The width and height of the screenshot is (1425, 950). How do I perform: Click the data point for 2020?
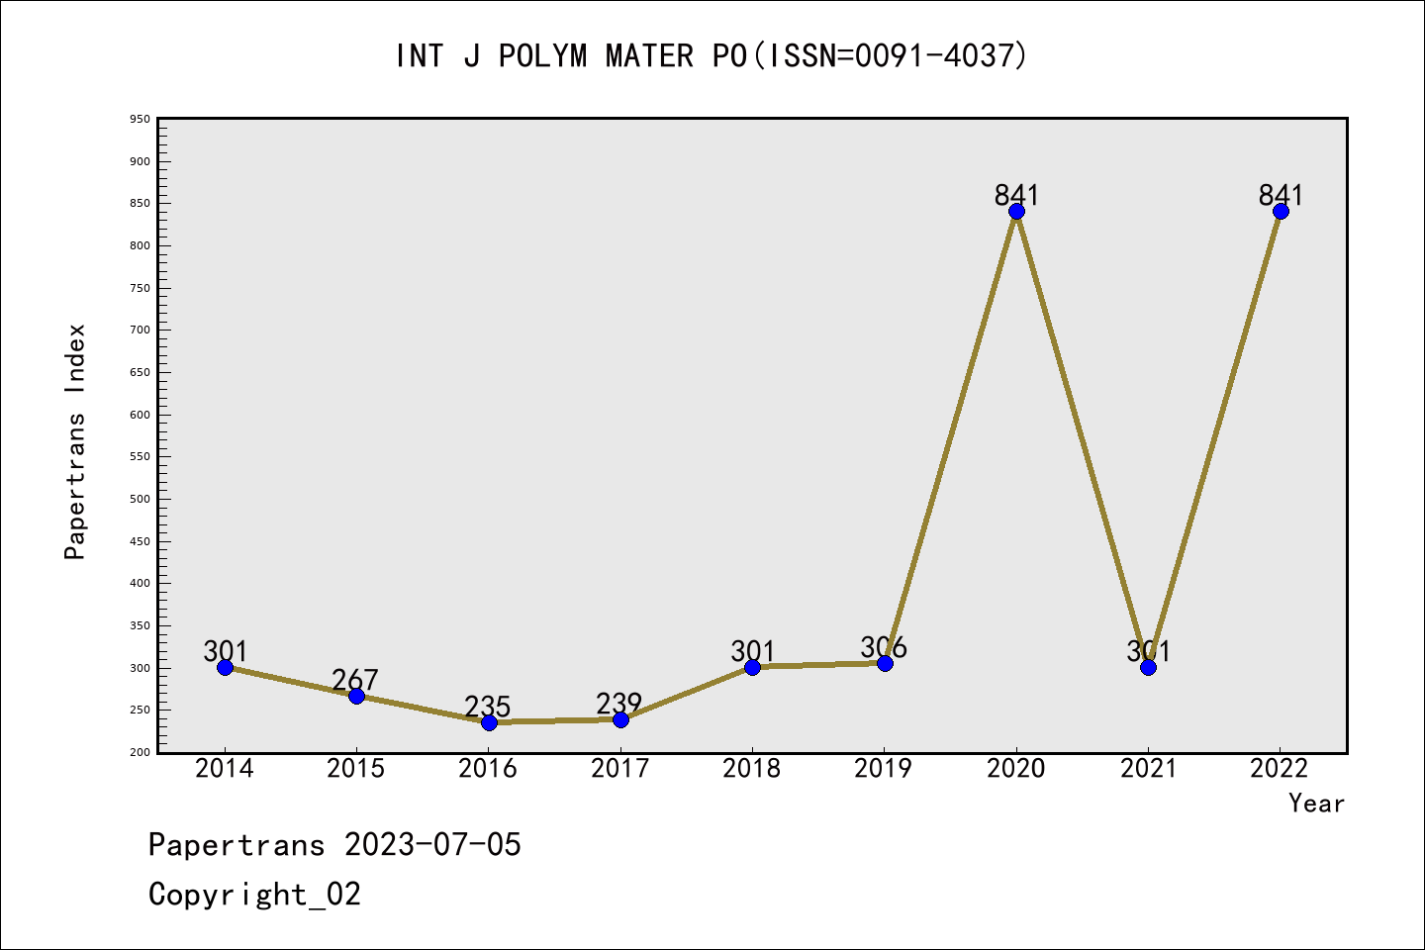(x=1016, y=211)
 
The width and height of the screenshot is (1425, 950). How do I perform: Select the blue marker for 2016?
(x=489, y=722)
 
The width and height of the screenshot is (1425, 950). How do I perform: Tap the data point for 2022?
(x=1281, y=211)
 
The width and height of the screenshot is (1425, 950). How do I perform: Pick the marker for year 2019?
(x=885, y=663)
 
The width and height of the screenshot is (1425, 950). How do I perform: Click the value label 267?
(x=355, y=680)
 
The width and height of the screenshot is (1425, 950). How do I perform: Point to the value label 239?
(x=619, y=704)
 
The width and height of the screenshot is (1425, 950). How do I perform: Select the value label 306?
(x=884, y=647)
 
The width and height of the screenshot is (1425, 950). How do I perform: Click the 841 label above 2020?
(x=1016, y=195)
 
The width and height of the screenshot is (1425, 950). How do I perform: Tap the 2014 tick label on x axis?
(x=225, y=769)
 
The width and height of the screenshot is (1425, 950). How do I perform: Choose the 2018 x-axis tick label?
(x=752, y=769)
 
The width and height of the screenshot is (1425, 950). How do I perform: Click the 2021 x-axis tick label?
(x=1148, y=769)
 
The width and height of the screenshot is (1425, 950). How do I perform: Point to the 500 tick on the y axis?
(x=140, y=499)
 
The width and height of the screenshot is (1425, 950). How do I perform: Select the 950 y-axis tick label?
(x=140, y=119)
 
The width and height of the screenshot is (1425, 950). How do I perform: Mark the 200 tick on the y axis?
(x=140, y=752)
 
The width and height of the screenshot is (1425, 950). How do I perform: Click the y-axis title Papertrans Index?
(x=75, y=441)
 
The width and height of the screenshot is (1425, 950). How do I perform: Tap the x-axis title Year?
(x=1316, y=803)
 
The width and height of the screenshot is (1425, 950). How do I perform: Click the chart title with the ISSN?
(x=712, y=55)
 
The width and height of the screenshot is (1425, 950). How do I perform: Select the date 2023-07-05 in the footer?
(x=432, y=844)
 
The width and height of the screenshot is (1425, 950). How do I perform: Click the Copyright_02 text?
(x=254, y=894)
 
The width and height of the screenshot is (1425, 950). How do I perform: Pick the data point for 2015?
(x=356, y=696)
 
